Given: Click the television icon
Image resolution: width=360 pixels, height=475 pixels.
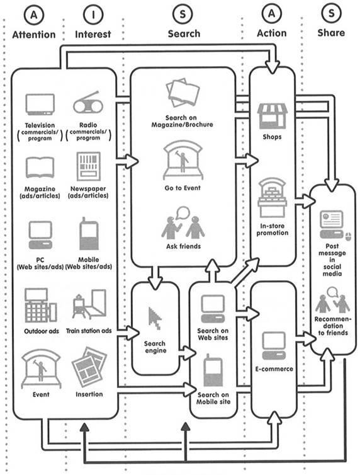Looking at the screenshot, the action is (40, 104).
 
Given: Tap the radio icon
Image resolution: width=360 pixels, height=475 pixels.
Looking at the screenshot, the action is (88, 103).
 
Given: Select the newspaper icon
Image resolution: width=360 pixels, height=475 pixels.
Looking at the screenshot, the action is (88, 166).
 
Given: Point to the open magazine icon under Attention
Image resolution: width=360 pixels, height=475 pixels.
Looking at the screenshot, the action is (40, 167).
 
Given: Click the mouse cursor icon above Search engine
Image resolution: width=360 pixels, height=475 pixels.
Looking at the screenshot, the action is (155, 318).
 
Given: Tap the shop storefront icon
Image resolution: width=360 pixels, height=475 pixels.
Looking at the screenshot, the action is (272, 117).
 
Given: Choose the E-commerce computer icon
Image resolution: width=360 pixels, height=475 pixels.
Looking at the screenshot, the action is (274, 346).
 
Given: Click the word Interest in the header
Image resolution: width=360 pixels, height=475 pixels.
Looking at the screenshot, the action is (93, 34).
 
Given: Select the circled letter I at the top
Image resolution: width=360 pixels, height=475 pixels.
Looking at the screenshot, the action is (93, 14).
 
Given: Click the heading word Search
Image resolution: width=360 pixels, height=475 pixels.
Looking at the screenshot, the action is (184, 33).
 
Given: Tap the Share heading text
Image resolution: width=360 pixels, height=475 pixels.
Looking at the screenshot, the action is (331, 33).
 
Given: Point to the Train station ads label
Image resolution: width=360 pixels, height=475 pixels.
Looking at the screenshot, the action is (89, 331).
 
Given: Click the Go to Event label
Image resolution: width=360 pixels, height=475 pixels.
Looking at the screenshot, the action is (183, 188).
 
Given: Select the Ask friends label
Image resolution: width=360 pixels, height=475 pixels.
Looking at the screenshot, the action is (183, 246).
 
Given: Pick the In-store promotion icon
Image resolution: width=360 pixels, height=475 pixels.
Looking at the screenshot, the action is (272, 198).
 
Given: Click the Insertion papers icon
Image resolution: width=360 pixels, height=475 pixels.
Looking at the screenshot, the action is (89, 367).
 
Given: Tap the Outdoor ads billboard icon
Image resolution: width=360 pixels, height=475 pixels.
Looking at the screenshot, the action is (40, 305).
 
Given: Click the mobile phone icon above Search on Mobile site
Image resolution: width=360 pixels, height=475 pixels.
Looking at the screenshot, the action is (213, 370).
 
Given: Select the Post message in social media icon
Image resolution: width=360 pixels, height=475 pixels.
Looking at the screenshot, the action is (332, 225).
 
